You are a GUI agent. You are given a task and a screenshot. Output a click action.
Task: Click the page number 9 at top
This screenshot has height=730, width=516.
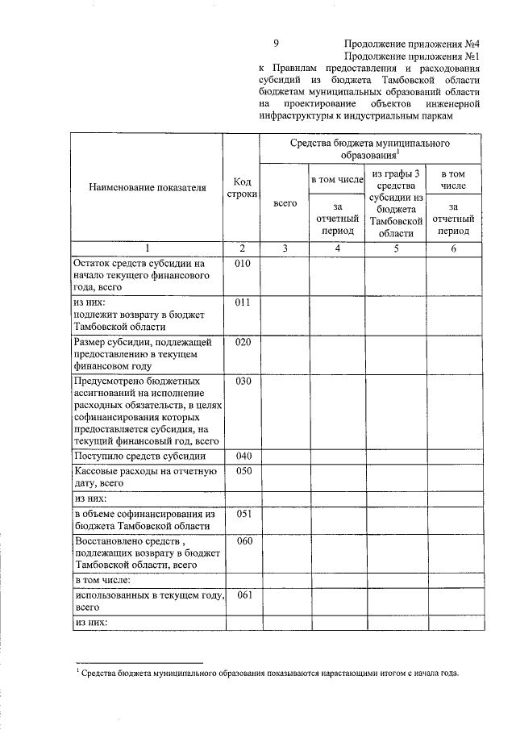point(276,44)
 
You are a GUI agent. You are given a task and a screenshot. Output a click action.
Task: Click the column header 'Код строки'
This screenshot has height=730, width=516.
point(243,188)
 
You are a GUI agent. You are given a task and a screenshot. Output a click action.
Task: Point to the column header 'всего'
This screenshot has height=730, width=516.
point(285,204)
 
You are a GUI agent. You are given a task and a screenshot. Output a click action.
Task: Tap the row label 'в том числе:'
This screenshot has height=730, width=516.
point(102,579)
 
